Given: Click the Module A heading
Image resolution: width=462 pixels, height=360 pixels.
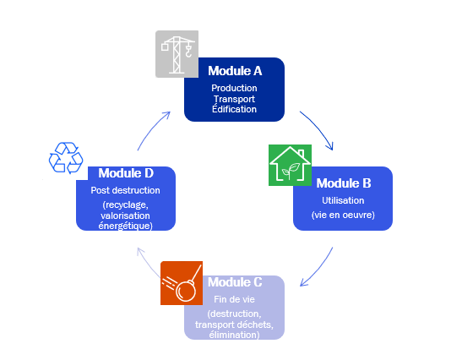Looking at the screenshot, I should click(x=234, y=71).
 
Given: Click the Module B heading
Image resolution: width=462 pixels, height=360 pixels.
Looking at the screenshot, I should click(x=343, y=182).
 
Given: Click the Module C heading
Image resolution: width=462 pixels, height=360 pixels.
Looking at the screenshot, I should click(x=235, y=281).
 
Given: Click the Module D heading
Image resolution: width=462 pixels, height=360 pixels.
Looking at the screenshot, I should click(x=125, y=172).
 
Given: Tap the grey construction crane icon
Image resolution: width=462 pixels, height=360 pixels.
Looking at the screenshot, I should click(x=176, y=54).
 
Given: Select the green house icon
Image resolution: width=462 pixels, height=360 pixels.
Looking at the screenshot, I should click(x=290, y=164).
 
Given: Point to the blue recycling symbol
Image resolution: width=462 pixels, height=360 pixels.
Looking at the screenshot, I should click(x=66, y=158).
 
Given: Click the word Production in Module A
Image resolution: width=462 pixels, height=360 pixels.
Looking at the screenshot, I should click(x=234, y=88).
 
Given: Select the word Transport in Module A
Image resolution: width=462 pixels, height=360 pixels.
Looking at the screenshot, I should click(x=234, y=99).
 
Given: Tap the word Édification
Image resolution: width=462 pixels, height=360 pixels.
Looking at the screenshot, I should click(x=234, y=109).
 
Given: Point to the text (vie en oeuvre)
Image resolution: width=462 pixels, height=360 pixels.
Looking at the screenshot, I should click(x=343, y=215).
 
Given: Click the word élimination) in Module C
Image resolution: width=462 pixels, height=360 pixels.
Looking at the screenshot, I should click(x=234, y=334).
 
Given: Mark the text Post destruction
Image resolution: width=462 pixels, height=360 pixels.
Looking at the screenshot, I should click(x=125, y=190).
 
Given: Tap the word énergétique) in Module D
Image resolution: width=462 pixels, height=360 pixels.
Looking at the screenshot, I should click(x=125, y=226).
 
